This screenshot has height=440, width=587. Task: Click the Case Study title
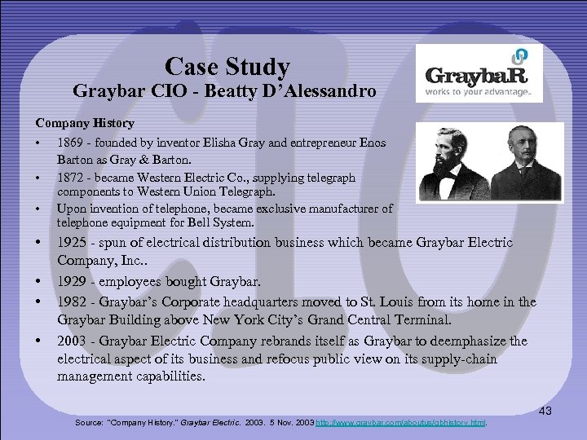point(227,66)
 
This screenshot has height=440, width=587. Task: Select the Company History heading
point(84,123)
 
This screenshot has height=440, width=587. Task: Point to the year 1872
point(71,177)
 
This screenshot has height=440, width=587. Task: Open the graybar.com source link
point(400,423)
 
